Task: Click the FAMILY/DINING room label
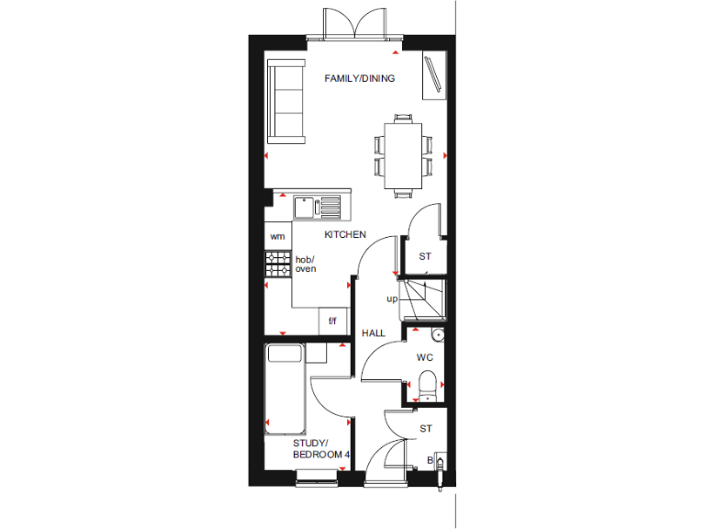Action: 360,79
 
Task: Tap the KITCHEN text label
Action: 345,235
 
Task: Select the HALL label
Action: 373,332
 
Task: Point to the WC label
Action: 424,356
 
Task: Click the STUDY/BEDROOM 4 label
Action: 320,449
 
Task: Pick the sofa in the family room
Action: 286,100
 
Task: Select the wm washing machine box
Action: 277,236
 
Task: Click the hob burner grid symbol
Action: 277,264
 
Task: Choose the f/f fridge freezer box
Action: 332,321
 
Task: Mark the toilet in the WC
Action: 427,384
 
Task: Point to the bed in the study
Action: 285,388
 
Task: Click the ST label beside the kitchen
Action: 425,257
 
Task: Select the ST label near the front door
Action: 425,429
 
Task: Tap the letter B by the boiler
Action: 429,460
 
